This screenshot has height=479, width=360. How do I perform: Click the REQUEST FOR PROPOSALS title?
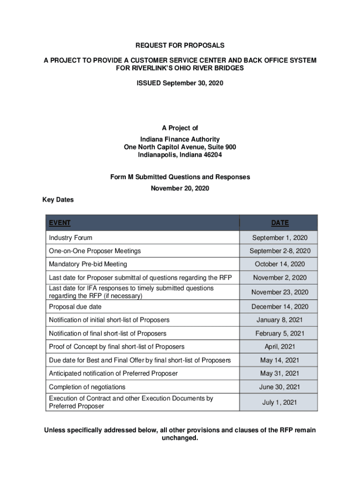[180, 45]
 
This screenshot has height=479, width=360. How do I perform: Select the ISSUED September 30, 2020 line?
[180, 83]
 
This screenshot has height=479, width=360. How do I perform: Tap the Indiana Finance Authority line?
[180, 139]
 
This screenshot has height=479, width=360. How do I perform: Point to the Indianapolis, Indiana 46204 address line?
[180, 154]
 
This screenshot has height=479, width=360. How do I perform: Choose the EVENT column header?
[59, 223]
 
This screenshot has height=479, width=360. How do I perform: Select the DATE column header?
[280, 223]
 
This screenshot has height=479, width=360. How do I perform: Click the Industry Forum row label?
[70, 238]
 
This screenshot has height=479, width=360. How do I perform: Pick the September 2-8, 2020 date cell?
[280, 251]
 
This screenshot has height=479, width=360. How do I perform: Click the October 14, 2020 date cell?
[280, 264]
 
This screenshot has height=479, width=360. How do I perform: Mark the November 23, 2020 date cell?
[280, 292]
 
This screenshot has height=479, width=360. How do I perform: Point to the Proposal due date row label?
[75, 307]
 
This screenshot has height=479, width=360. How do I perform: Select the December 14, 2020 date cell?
[280, 307]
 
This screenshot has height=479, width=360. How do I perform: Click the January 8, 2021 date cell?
[280, 320]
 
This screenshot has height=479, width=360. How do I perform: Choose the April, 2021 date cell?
[280, 347]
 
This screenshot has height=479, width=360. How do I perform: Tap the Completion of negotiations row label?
[87, 387]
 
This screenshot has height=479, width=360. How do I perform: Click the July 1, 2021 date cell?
[280, 402]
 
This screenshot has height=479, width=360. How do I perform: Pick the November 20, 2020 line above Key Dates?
[180, 188]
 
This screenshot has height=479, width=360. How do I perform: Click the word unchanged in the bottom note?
[180, 438]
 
